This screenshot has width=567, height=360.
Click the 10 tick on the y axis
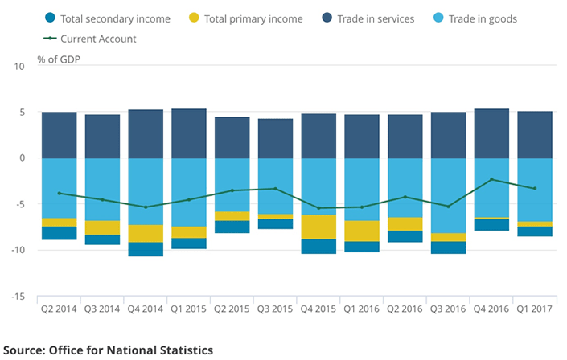20,66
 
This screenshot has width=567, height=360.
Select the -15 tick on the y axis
18,297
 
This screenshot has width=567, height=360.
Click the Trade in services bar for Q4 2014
146,133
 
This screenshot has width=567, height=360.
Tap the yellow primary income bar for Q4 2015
318,227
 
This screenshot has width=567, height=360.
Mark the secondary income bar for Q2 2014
59,233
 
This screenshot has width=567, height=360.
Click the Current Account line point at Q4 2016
491,179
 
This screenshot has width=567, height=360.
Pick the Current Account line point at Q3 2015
275,189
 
